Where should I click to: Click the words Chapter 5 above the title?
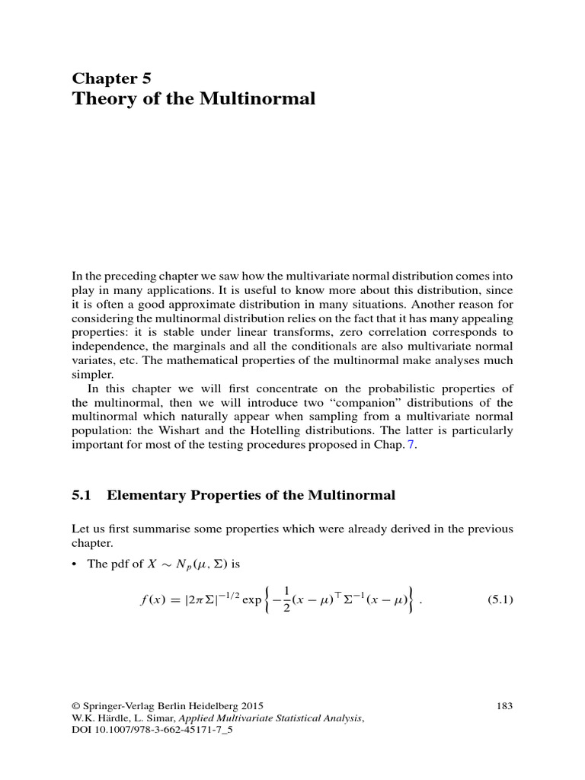(x=111, y=78)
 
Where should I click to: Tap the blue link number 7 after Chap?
(x=414, y=446)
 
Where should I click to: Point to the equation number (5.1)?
(x=500, y=600)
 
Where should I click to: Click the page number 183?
(x=504, y=707)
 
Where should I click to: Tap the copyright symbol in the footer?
(x=75, y=707)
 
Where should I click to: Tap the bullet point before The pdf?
(x=74, y=564)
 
